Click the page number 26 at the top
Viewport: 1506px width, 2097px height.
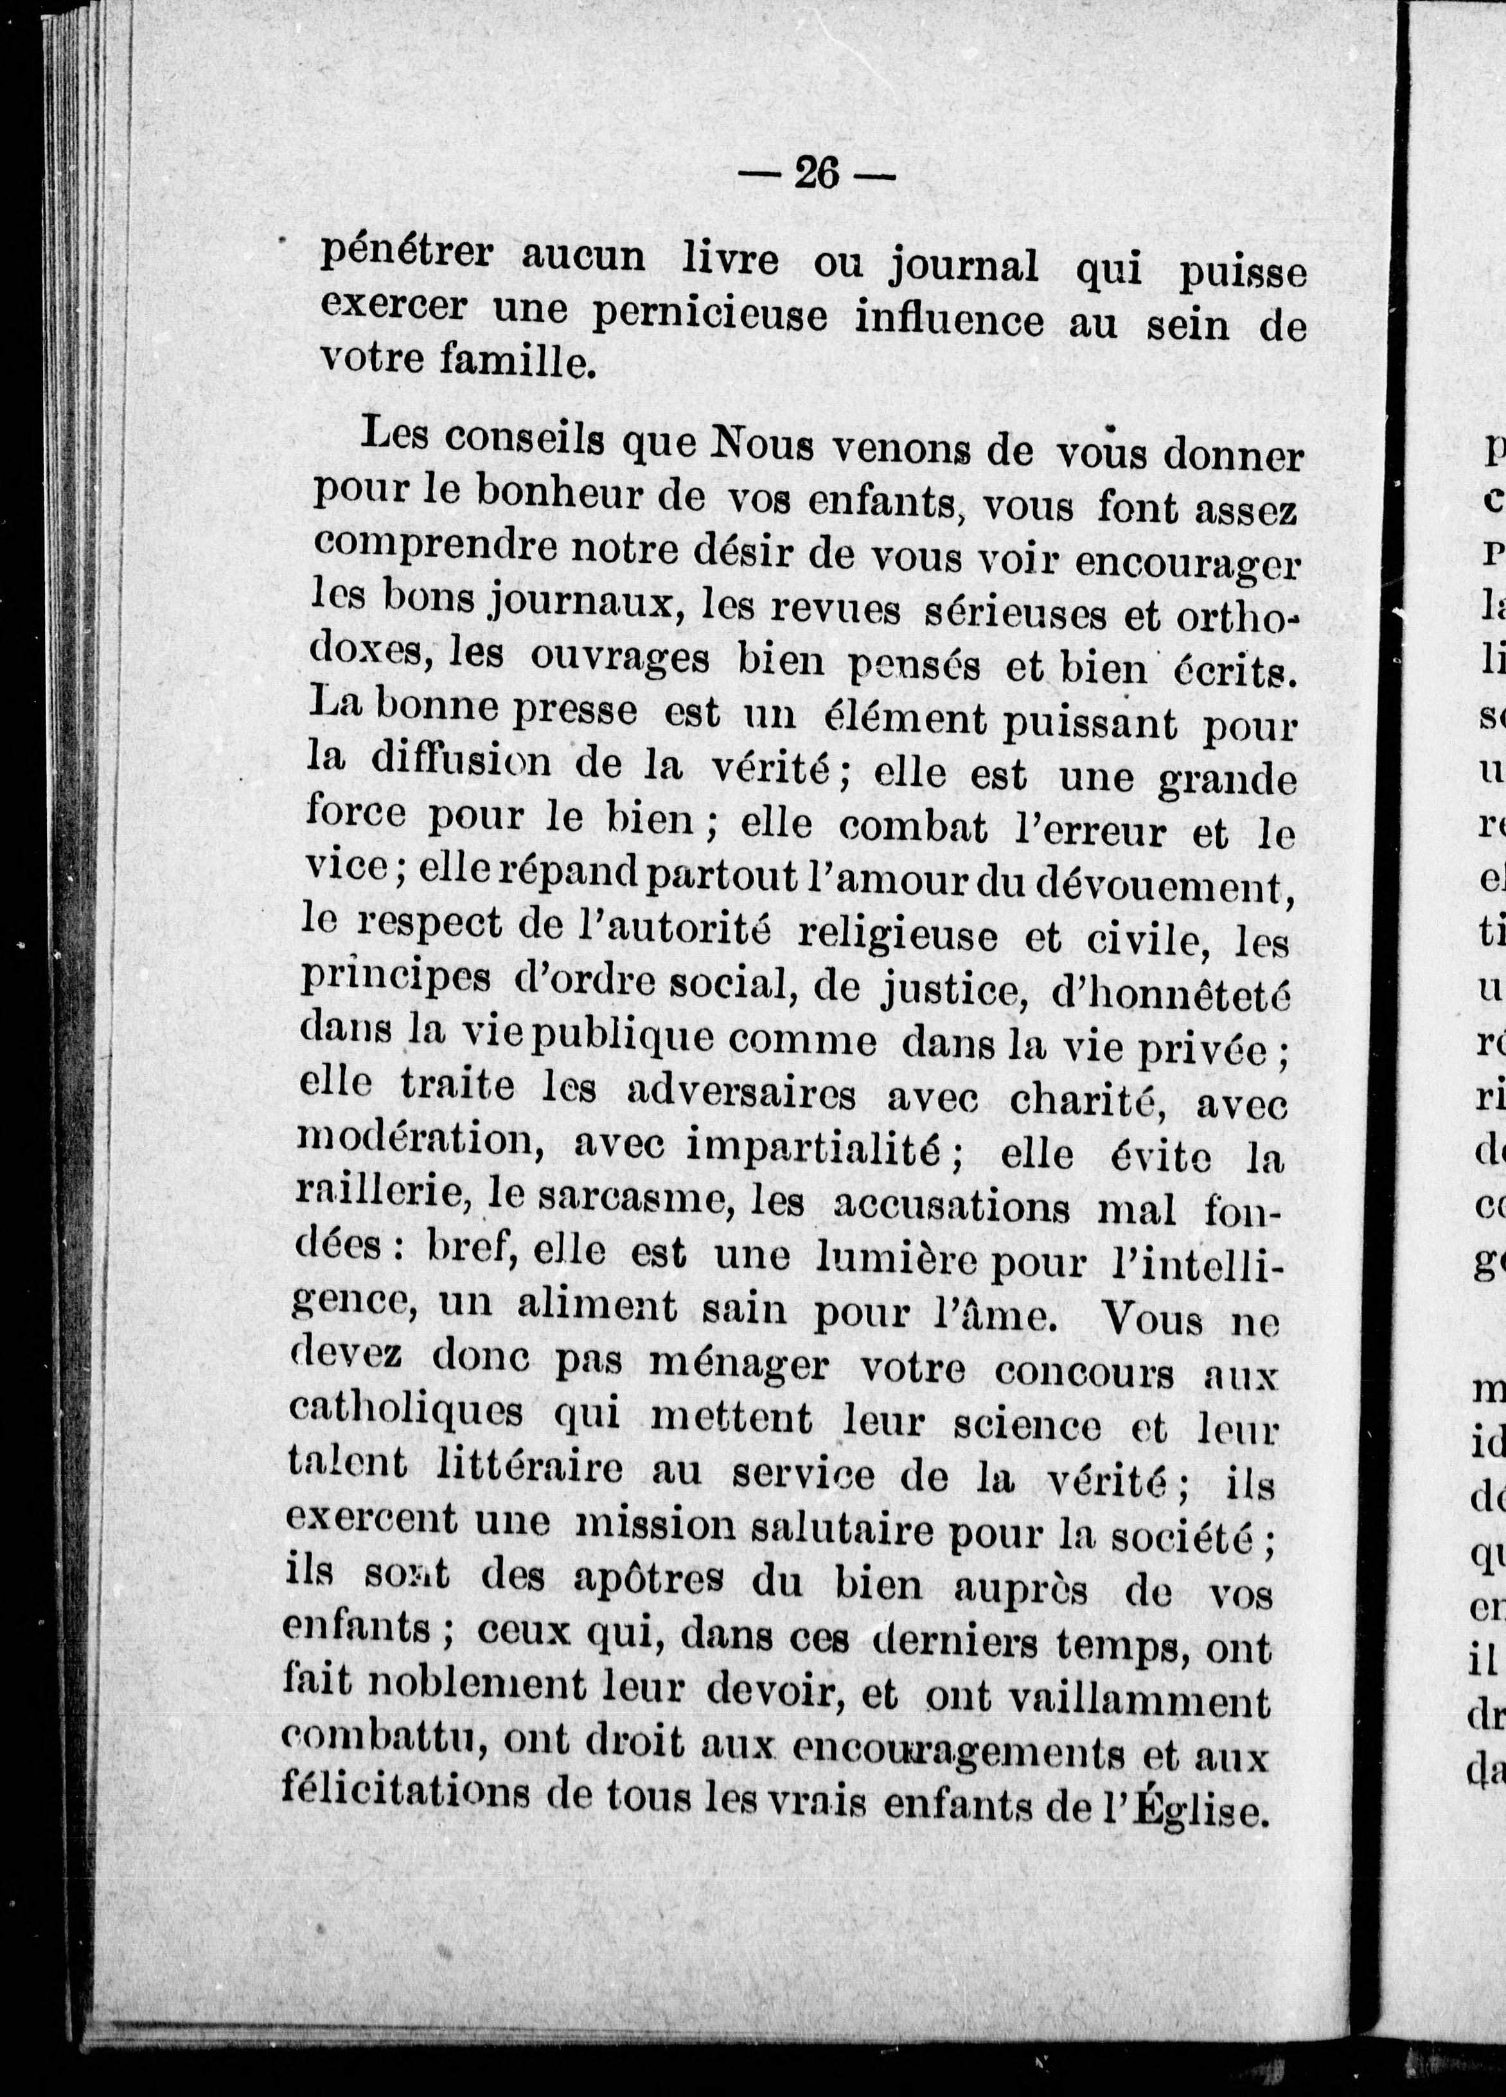(817, 173)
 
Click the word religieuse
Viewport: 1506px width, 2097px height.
(897, 937)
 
